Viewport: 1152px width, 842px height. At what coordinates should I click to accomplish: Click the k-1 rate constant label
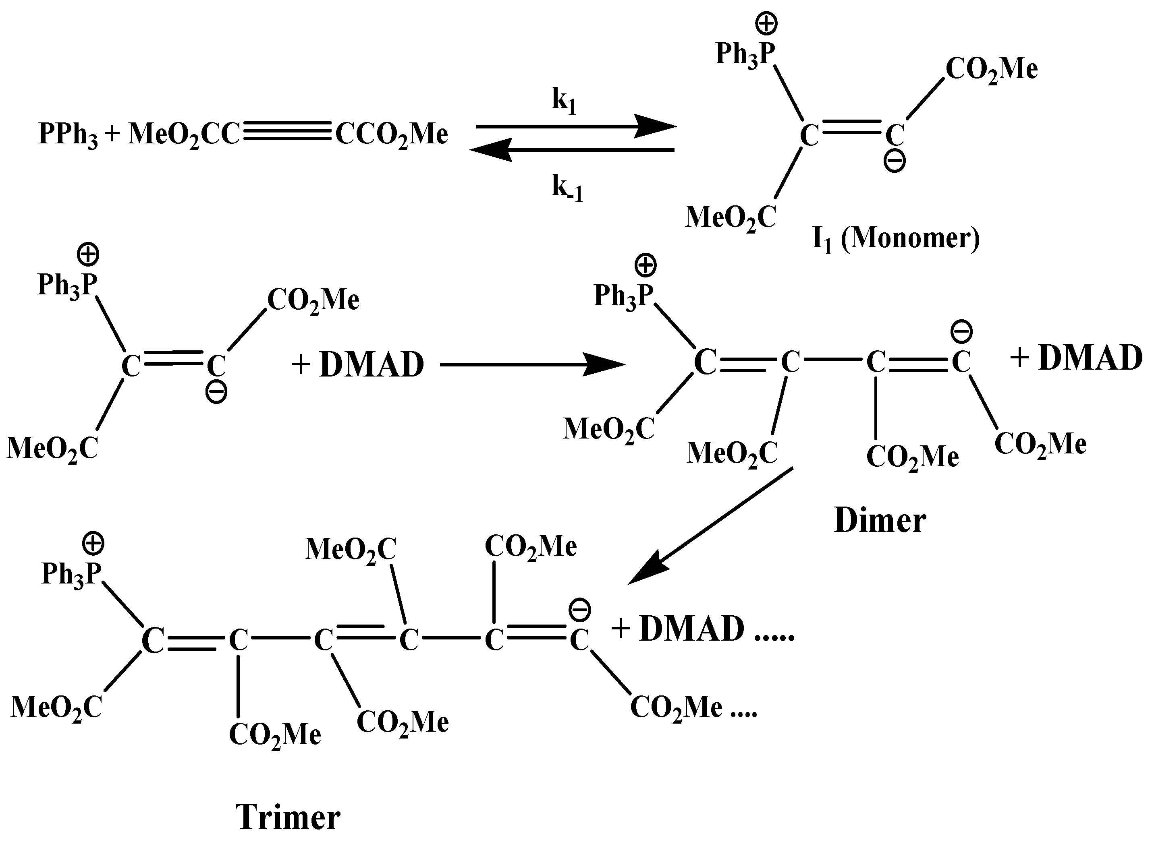click(x=567, y=188)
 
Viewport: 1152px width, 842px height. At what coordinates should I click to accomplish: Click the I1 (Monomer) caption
click(x=895, y=238)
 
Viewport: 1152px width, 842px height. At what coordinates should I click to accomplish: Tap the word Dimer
click(x=880, y=521)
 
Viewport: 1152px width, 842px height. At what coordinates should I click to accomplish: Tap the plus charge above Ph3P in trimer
click(x=93, y=544)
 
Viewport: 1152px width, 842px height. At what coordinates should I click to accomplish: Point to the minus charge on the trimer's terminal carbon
click(x=579, y=610)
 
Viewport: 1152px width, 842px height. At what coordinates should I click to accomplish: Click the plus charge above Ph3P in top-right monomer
click(x=766, y=24)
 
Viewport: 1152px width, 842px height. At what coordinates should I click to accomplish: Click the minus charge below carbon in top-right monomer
click(x=895, y=161)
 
